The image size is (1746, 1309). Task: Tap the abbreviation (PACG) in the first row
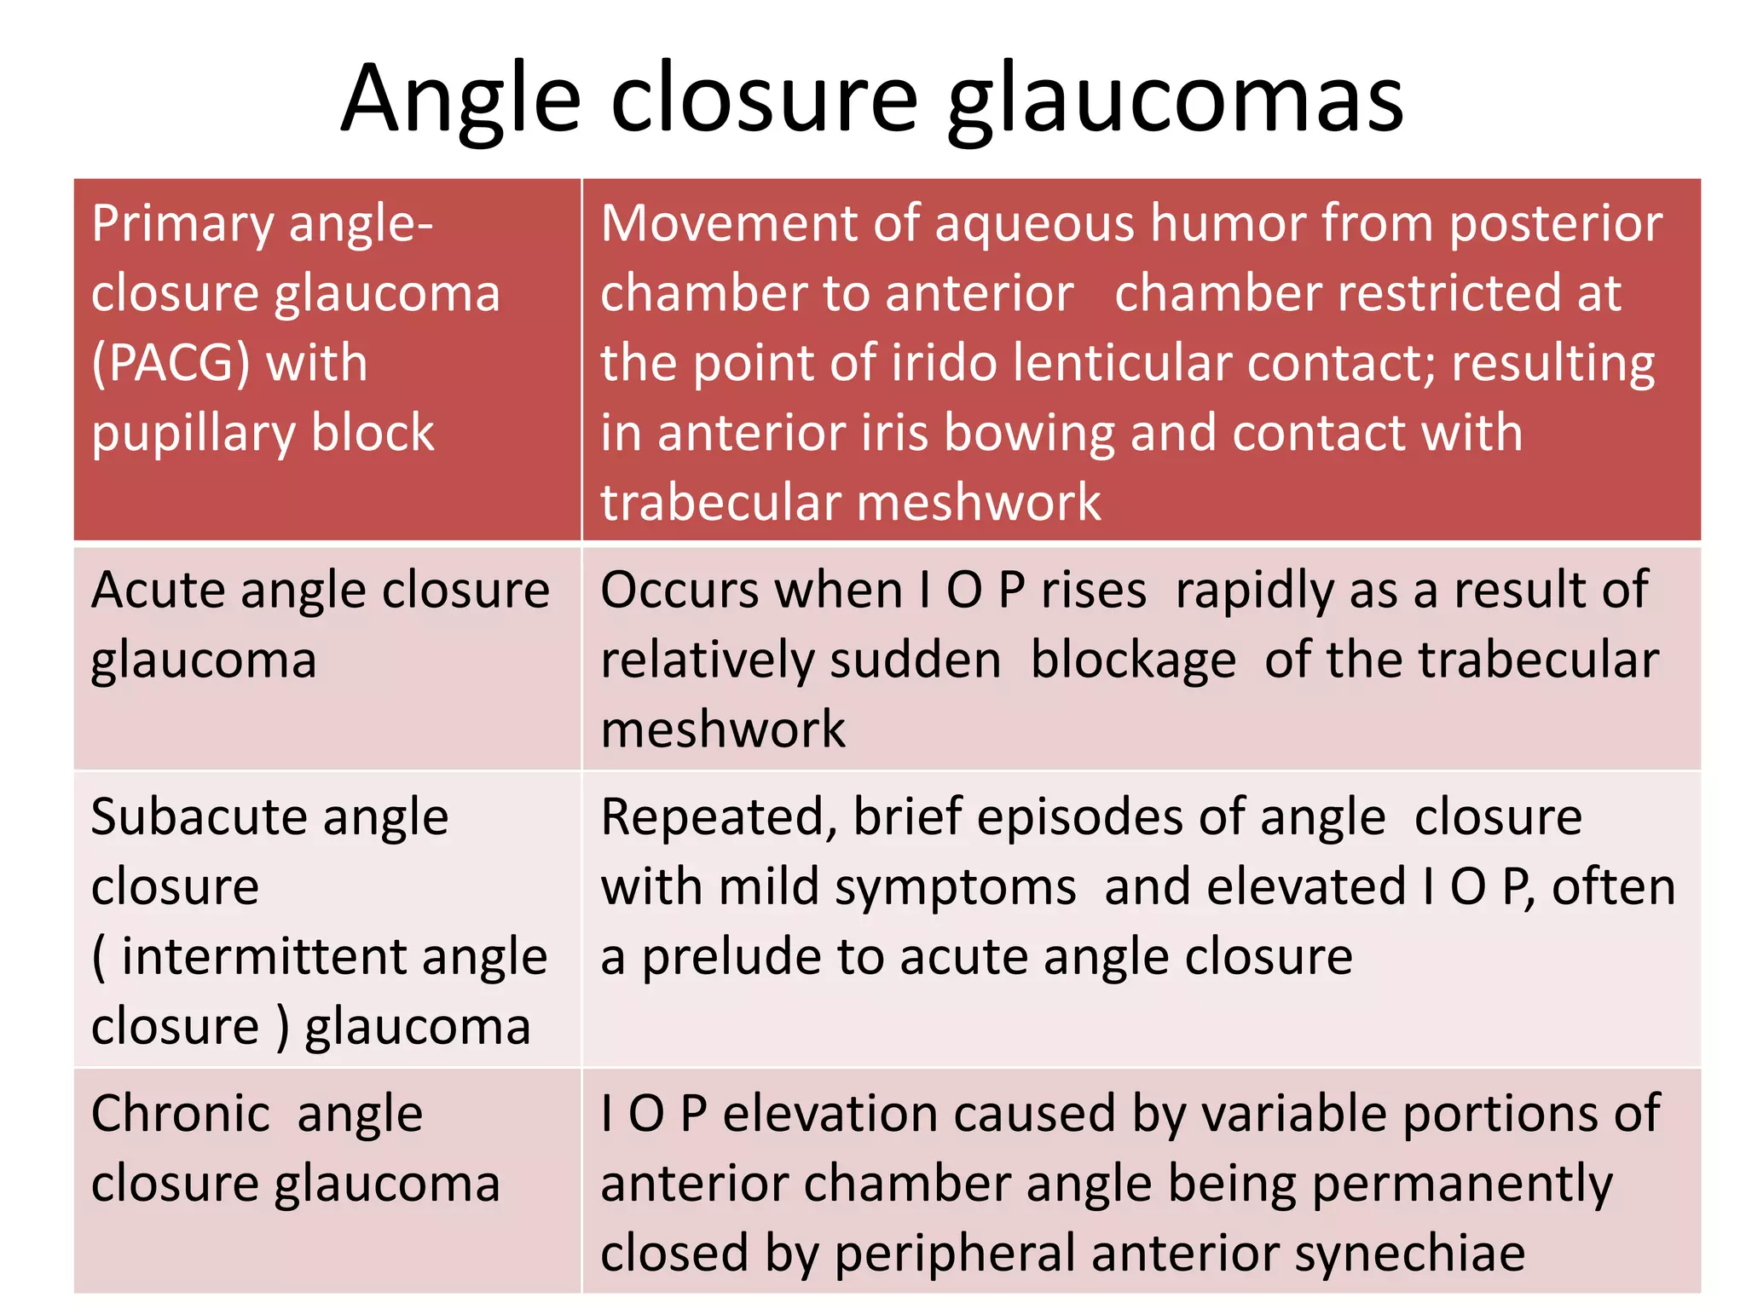171,364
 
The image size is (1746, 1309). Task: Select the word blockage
1133,661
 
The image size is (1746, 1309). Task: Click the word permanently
1462,1185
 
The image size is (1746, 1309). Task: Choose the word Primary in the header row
182,224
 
